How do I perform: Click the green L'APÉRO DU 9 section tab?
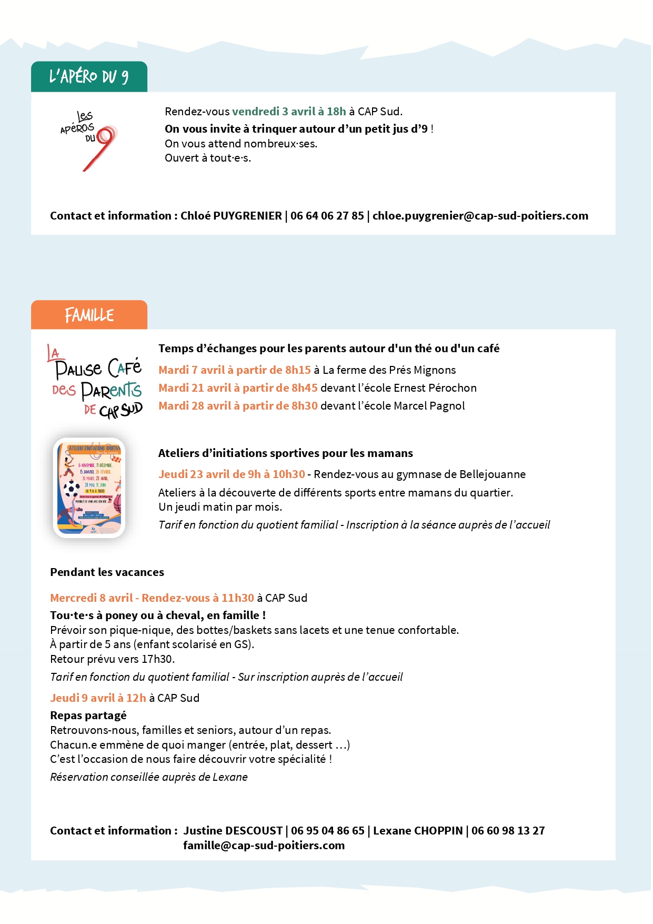tap(89, 77)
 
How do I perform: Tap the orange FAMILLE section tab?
tap(89, 315)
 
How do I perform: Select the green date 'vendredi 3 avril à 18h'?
tap(289, 112)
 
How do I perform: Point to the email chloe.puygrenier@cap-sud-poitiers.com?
tap(480, 216)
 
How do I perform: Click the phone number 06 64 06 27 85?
tap(327, 216)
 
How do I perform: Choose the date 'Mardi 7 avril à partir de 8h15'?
tap(235, 370)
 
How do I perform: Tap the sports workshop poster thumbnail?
tap(89, 488)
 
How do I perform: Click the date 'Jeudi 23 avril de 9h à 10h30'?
tap(232, 474)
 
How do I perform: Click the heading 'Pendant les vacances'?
tap(107, 572)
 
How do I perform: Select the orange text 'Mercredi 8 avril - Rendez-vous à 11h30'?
tap(152, 598)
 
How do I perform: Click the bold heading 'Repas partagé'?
tap(88, 716)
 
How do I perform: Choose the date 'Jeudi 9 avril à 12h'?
tap(98, 698)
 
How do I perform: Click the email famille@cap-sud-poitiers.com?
tap(264, 846)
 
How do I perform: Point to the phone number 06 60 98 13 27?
tap(508, 831)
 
